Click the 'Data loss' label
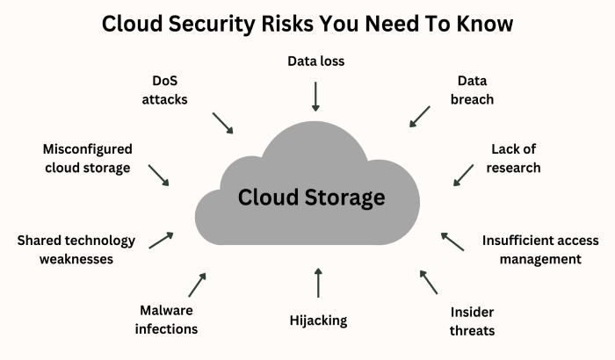[x=316, y=61]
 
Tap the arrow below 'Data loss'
[x=316, y=95]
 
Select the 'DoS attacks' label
[x=164, y=90]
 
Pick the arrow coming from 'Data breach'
[x=419, y=117]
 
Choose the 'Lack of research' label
[x=516, y=158]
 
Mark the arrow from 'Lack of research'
[x=463, y=174]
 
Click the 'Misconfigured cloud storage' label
[x=88, y=158]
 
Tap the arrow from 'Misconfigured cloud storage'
[x=159, y=175]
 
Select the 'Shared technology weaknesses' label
[x=76, y=249]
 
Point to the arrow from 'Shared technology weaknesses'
[x=161, y=240]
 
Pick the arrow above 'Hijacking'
[x=318, y=283]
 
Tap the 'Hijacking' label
[x=318, y=320]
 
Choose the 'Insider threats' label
[x=473, y=321]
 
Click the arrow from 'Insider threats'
[x=428, y=281]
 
